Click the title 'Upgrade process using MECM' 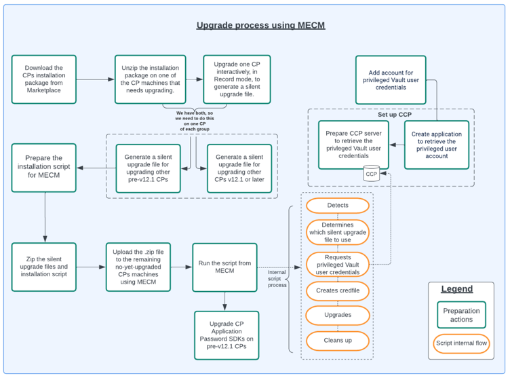tap(260, 25)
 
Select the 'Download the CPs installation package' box tap(44, 79)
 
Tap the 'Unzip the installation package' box tap(150, 79)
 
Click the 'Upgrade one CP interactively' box tap(237, 79)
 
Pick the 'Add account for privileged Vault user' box tap(391, 79)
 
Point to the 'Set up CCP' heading tap(395, 115)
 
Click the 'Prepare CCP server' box tap(354, 145)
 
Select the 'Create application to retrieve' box tap(437, 145)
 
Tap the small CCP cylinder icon tap(372, 174)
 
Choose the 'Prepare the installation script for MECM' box tap(44, 168)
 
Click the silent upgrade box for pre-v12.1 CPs tap(148, 168)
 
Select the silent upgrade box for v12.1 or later tap(239, 168)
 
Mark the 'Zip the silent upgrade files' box tap(44, 267)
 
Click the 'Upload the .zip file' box tap(138, 267)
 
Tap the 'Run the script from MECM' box tap(224, 267)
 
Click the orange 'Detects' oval tap(338, 205)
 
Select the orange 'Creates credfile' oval tap(338, 290)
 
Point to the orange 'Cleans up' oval tap(338, 340)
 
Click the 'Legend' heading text tap(456, 289)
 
